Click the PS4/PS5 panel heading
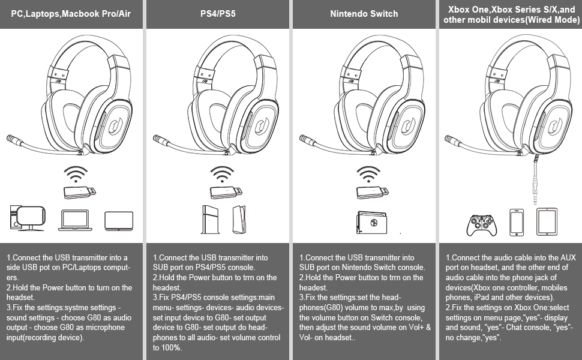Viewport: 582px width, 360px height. tap(218, 13)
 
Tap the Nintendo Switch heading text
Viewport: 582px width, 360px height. tap(364, 13)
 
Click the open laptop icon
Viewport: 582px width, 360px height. tap(74, 220)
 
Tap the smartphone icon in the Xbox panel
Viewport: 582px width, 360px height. tap(517, 221)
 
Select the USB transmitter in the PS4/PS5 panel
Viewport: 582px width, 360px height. tap(226, 192)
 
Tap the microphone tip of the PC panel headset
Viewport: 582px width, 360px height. tap(13, 139)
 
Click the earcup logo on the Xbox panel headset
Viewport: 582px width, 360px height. tap(556, 128)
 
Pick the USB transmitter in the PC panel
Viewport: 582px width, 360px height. tap(79, 192)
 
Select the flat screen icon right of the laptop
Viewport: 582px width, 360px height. tap(118, 220)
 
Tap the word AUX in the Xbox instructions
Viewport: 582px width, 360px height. tap(566, 257)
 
